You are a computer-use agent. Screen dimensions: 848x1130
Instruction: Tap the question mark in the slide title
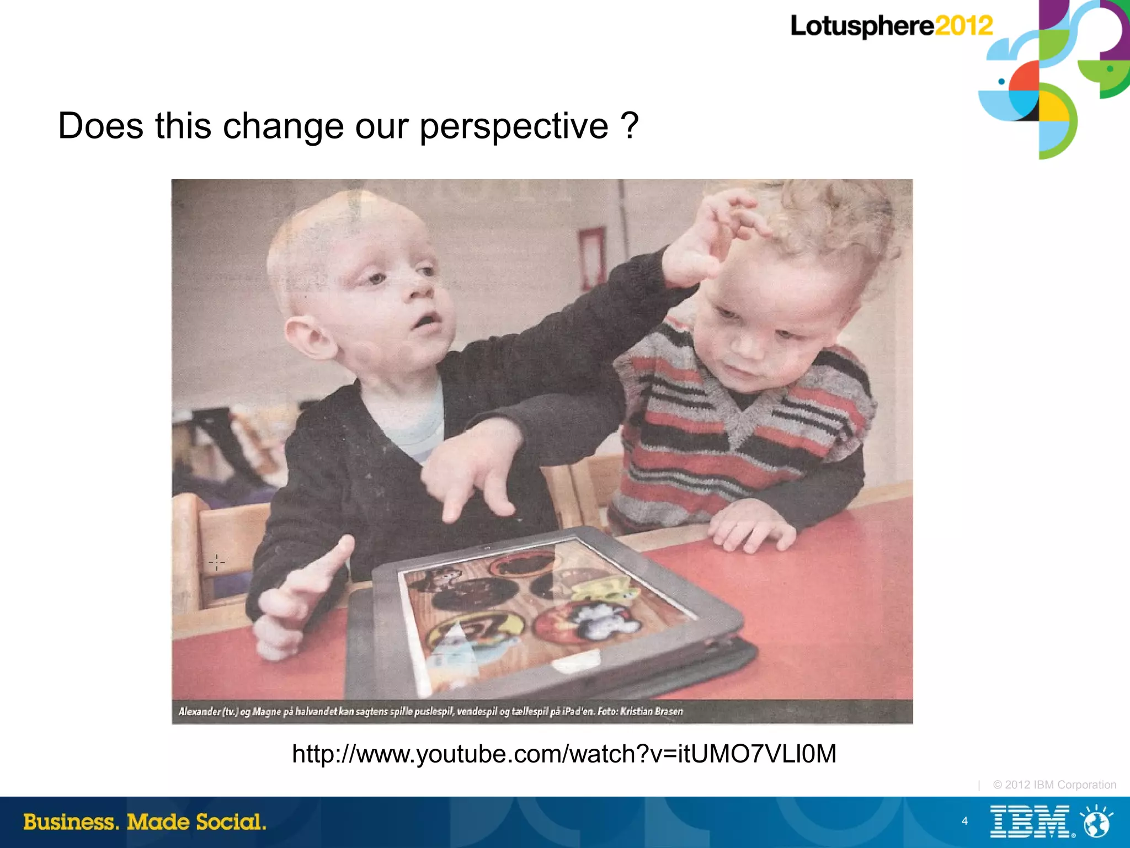(x=629, y=126)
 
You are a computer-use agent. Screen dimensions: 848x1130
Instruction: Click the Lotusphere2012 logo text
(x=891, y=26)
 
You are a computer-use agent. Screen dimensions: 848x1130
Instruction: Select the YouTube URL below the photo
(x=564, y=754)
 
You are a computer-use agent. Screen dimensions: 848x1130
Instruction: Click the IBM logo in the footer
(x=1030, y=822)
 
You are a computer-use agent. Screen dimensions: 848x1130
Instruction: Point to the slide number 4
(x=964, y=821)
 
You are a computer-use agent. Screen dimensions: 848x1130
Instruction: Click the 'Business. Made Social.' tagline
(x=145, y=822)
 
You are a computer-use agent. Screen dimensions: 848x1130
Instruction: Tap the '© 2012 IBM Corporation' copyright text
(x=1054, y=785)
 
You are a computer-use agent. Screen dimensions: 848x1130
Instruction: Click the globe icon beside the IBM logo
(x=1097, y=822)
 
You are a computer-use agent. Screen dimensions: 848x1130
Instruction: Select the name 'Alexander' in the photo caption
(x=199, y=712)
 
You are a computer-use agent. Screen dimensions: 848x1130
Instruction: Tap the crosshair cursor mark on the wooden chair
(x=217, y=562)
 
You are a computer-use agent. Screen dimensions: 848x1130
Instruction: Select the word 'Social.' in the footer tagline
(x=231, y=822)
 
